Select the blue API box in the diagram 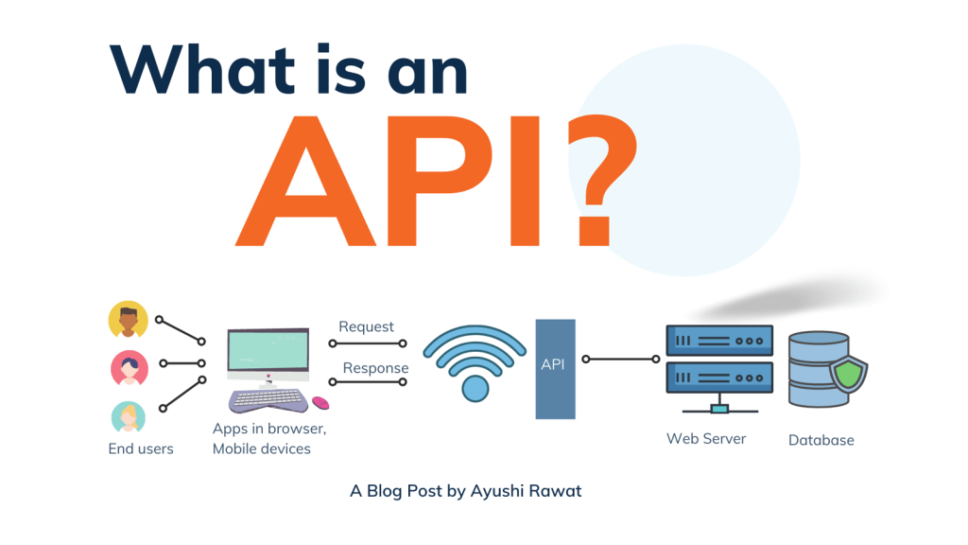click(555, 368)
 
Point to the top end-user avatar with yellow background click(129, 320)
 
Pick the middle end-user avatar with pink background click(129, 368)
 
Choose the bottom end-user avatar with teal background click(129, 416)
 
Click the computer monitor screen click(268, 350)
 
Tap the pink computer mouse click(321, 403)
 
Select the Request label click(366, 327)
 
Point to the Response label click(375, 368)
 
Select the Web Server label click(706, 439)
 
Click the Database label click(821, 440)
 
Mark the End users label click(141, 448)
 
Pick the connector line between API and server click(622, 360)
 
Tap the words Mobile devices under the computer click(261, 448)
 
